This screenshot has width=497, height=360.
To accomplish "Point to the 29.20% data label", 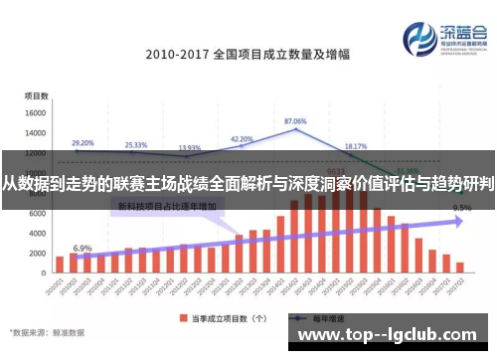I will pos(83,142).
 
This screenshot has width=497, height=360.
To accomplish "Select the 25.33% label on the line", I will pos(136,145).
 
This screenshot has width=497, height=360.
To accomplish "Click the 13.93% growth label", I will pos(189,148).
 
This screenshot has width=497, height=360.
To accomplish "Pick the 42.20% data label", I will pos(242,139).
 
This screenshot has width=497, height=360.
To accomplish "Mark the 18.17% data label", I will pos(355,146).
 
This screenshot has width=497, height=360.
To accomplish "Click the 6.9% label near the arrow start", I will pos(83,248).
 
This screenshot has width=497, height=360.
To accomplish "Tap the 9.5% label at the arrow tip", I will pos(461,209).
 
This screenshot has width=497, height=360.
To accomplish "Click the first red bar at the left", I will pos(60,264).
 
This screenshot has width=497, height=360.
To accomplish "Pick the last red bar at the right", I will pos(459,267).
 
